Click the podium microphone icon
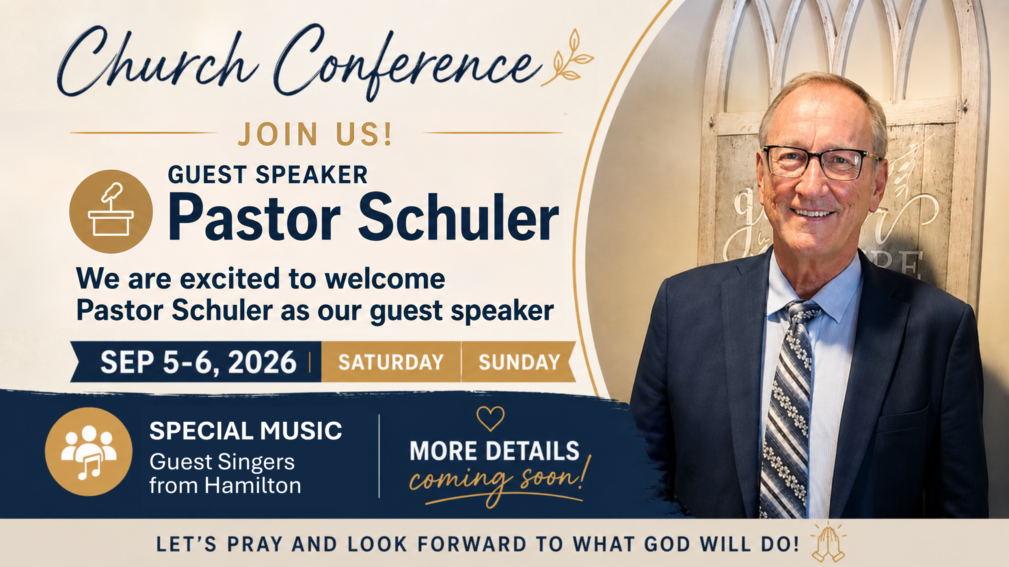tap(111, 211)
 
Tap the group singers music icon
tap(89, 452)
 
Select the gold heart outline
tap(490, 419)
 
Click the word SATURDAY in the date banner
tap(391, 362)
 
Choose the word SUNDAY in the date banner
tap(519, 362)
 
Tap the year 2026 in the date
tap(262, 362)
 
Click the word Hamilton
tap(253, 485)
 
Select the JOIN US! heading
tap(315, 134)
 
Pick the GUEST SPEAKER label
tap(268, 174)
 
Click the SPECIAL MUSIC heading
tap(246, 430)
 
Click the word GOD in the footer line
tap(667, 544)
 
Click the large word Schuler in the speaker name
tap(458, 217)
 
